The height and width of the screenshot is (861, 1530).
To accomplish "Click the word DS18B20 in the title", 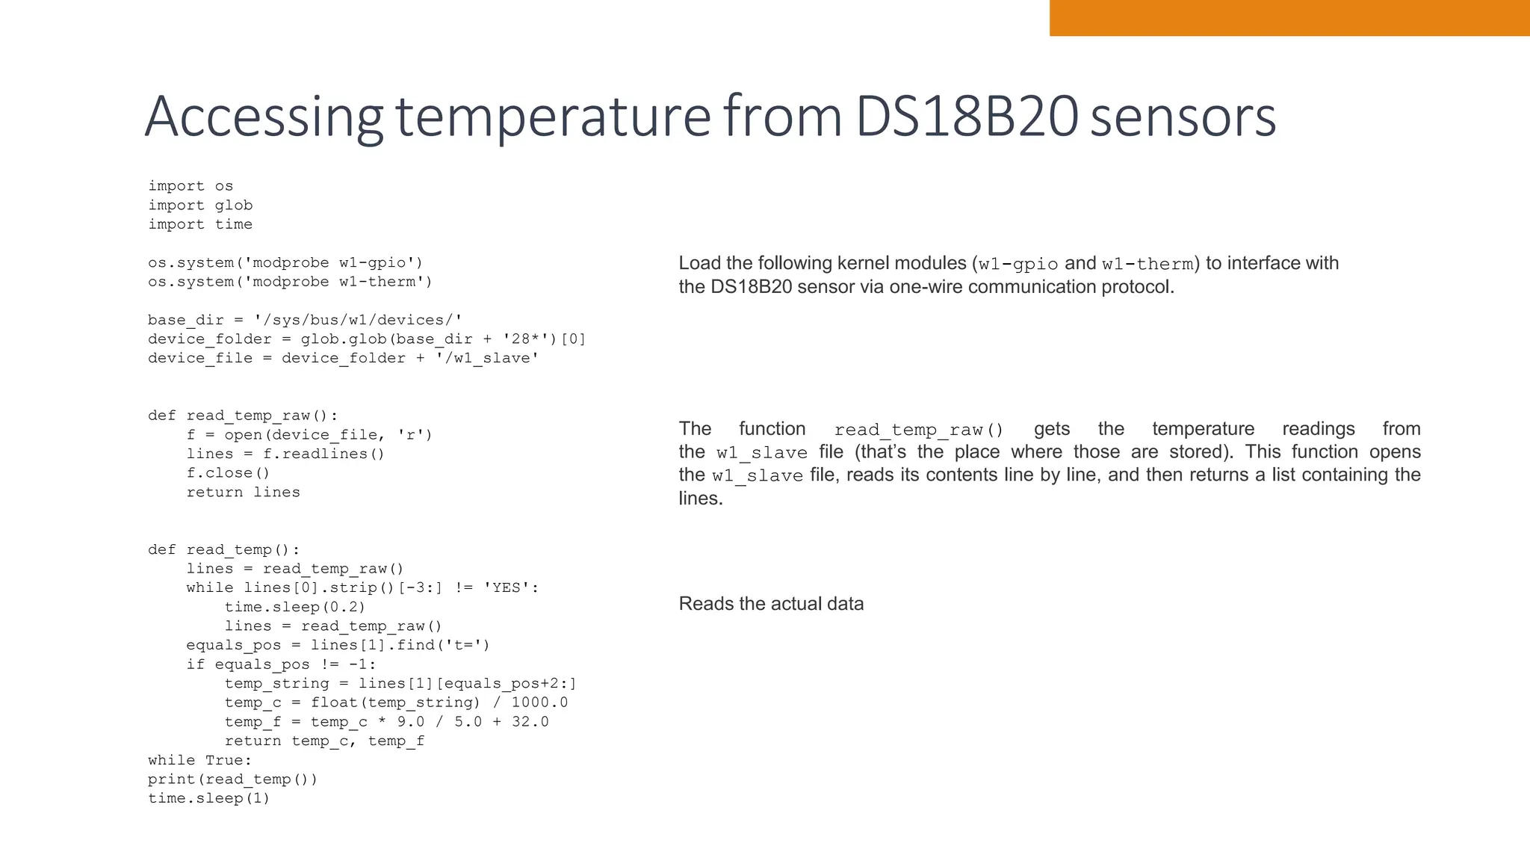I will pos(967,117).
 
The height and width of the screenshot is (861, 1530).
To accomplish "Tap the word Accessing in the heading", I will pos(263,117).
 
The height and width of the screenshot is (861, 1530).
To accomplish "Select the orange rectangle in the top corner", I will pos(1289,18).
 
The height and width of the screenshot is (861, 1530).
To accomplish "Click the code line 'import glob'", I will pos(200,206).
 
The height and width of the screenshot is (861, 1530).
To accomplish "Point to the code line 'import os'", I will pos(191,186).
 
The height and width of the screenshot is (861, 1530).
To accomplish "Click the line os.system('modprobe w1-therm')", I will pos(290,282).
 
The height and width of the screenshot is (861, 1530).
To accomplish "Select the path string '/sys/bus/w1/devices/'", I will pos(358,320).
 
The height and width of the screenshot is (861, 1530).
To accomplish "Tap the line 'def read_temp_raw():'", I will pos(243,416).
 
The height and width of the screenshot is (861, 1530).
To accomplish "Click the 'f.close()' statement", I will pos(228,473).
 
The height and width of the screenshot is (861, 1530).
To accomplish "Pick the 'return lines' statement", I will pos(243,493).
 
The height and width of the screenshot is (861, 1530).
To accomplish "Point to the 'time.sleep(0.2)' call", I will pos(295,607).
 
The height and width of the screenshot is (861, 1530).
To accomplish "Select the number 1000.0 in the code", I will pos(539,703).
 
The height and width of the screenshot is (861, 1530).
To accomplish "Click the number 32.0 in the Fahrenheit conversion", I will pos(530,722).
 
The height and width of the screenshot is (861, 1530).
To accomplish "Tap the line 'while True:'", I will pos(200,760).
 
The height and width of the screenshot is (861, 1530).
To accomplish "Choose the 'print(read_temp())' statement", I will pos(232,780).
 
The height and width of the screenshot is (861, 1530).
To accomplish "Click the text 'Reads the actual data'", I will pos(771,604).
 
